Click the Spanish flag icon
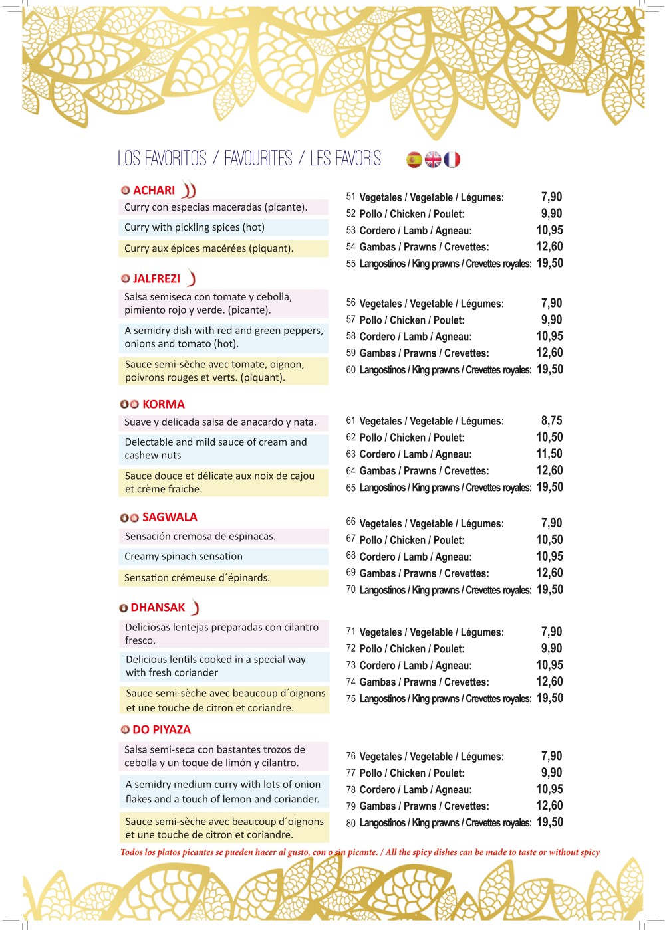click(414, 159)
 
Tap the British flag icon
click(433, 159)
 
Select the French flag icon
click(452, 159)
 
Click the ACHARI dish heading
click(154, 191)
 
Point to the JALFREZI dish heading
click(156, 279)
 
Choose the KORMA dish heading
click(163, 405)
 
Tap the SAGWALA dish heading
click(170, 517)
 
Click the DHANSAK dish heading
click(158, 608)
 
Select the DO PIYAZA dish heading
click(162, 730)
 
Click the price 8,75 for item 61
click(551, 421)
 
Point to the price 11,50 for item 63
click(549, 454)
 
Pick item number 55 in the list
click(351, 264)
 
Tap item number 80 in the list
click(351, 824)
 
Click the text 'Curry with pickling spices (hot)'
click(194, 227)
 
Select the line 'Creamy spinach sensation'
click(184, 557)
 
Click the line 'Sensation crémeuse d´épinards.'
click(197, 578)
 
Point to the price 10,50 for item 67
click(549, 540)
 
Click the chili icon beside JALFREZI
click(192, 278)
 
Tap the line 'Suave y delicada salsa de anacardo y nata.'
click(220, 422)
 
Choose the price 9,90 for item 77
click(551, 773)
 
